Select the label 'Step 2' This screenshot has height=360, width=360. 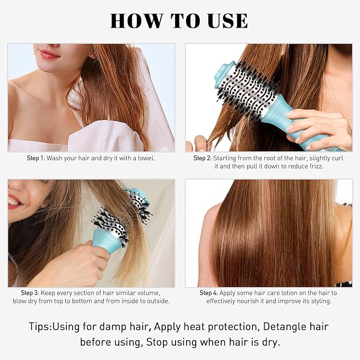203,158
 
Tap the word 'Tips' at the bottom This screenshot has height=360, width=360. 40,326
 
